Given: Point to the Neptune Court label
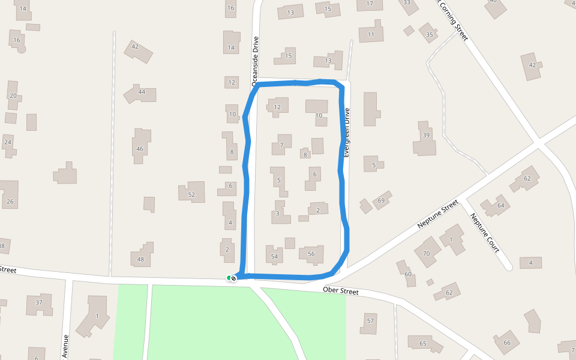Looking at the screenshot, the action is pyautogui.click(x=485, y=233).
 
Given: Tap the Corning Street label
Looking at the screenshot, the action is pyautogui.click(x=454, y=22).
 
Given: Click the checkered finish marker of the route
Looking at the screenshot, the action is pyautogui.click(x=233, y=278).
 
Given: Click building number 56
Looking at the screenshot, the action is pyautogui.click(x=311, y=254).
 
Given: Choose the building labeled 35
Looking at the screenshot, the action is pyautogui.click(x=429, y=34).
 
